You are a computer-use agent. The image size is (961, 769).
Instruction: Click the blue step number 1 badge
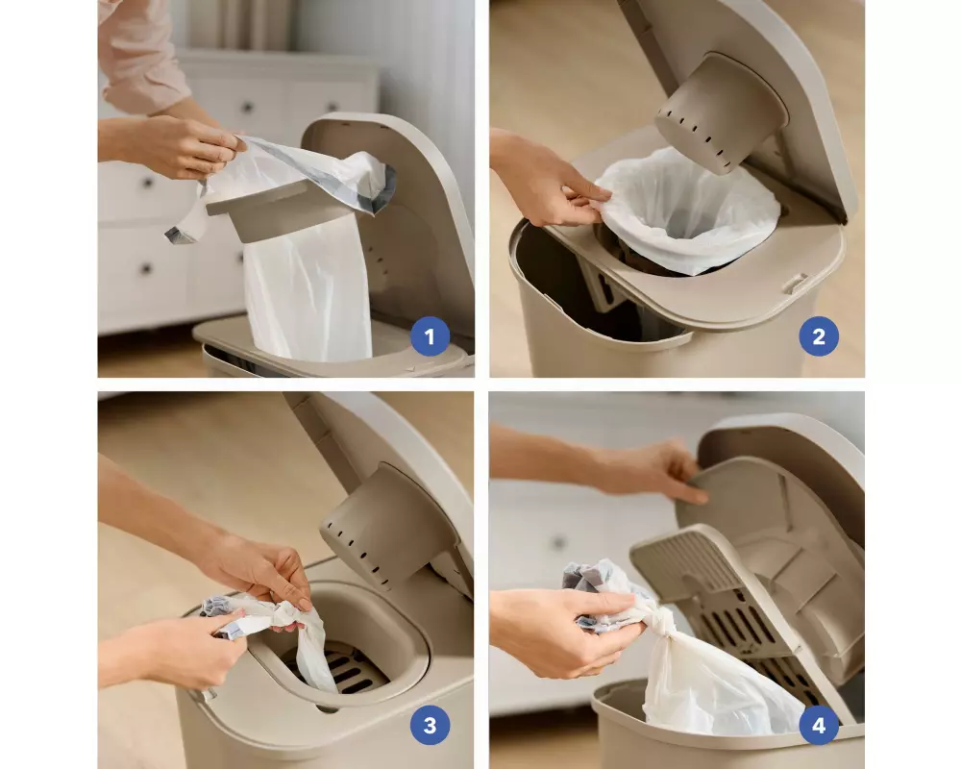[x=430, y=336]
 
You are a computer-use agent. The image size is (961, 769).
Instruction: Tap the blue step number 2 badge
[x=819, y=336]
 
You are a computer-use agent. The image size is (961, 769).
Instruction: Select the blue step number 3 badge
[x=430, y=726]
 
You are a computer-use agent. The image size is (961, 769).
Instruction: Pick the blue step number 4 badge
[x=819, y=726]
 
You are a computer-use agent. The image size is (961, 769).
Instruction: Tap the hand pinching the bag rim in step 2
[x=552, y=181]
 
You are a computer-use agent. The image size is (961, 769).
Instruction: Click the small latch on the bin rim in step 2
[x=795, y=284]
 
